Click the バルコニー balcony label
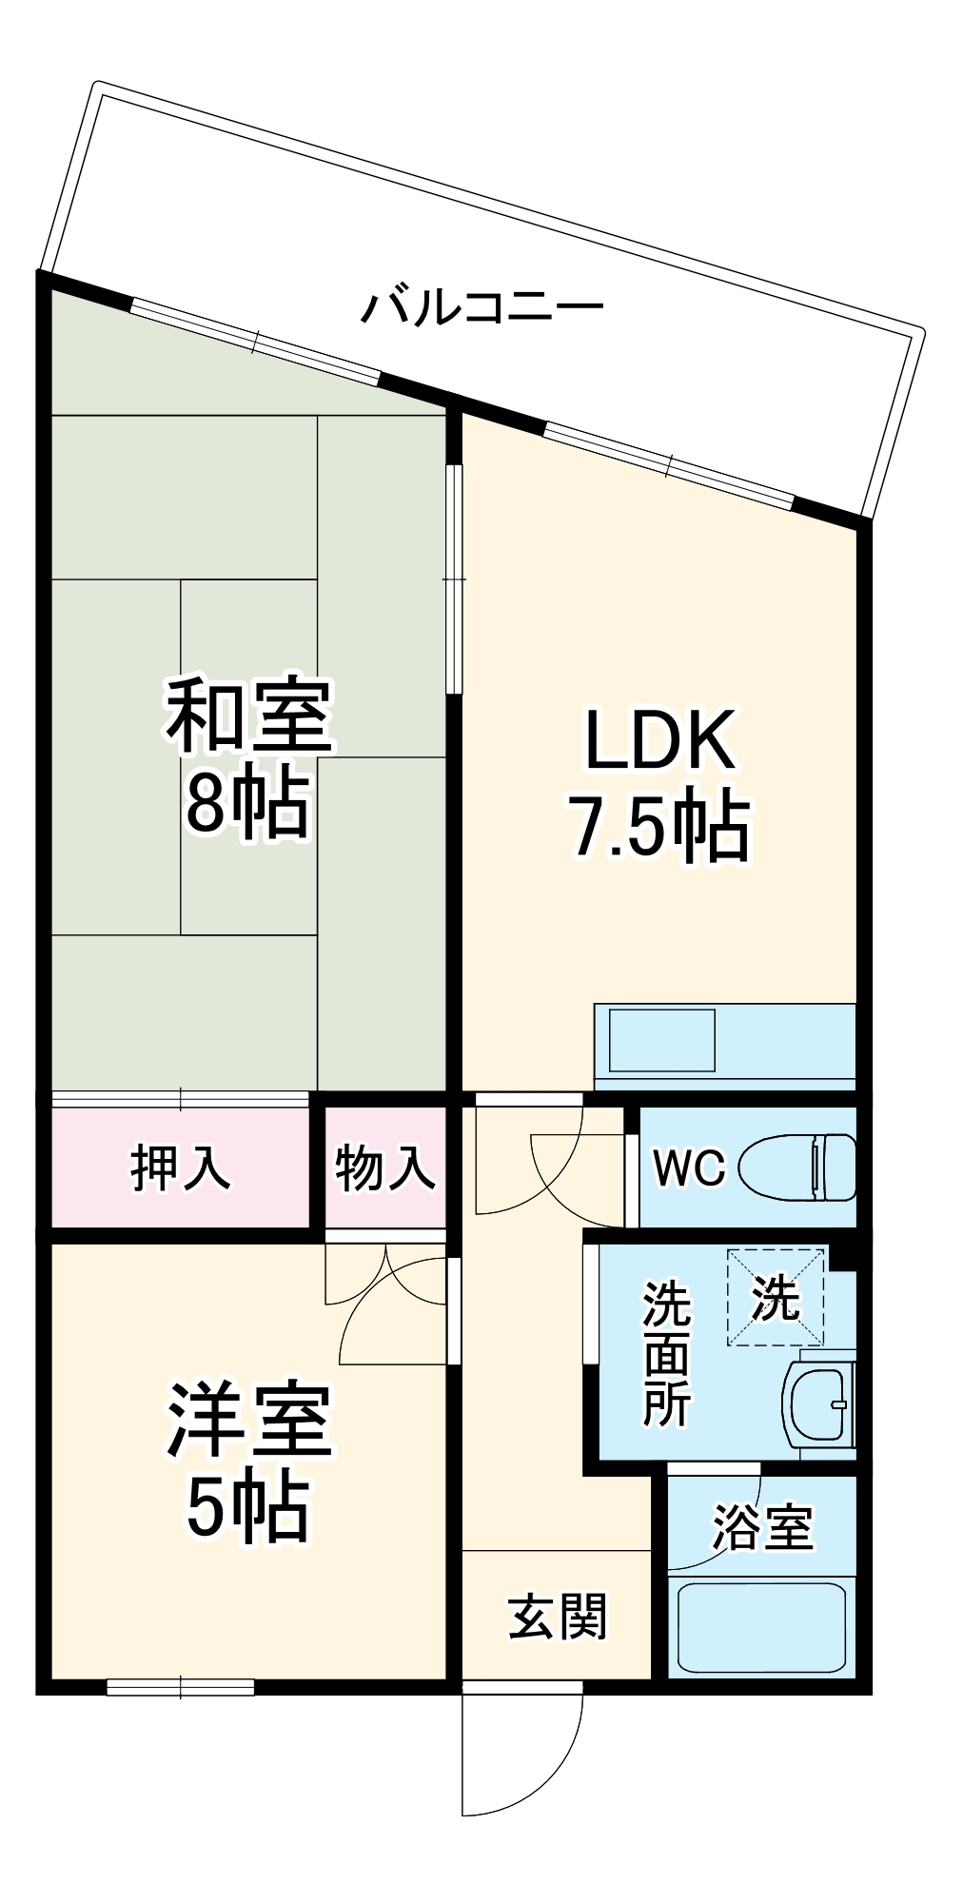[481, 307]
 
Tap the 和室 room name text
[249, 715]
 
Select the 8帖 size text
[247, 804]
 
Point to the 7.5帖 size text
[659, 826]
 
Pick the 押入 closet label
[180, 1167]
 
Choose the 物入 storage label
[385, 1167]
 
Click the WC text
[689, 1167]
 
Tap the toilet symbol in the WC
[797, 1167]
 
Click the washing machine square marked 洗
[776, 1297]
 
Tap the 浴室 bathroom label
[762, 1527]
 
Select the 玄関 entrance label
[557, 1616]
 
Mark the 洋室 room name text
[249, 1421]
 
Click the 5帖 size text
[247, 1508]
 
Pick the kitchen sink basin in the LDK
[661, 1039]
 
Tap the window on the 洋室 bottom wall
[180, 1687]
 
